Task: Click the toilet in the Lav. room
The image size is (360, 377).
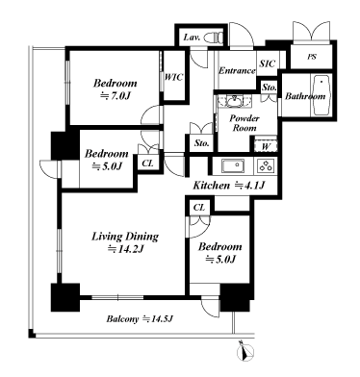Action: click(x=215, y=38)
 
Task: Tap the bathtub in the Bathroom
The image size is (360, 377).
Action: click(x=321, y=95)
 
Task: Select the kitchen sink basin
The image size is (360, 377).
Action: click(x=233, y=166)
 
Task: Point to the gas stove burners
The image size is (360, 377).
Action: click(x=265, y=166)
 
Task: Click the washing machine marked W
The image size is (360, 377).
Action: click(x=266, y=146)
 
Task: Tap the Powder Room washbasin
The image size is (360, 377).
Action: click(x=234, y=102)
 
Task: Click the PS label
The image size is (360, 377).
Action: click(x=312, y=57)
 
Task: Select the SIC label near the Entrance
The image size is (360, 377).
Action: click(x=268, y=63)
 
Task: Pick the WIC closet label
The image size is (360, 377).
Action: click(x=173, y=77)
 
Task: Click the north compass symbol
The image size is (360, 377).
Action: click(x=244, y=351)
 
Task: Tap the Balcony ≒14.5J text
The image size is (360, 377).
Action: click(x=140, y=319)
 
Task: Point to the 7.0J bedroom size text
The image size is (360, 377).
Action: click(x=116, y=96)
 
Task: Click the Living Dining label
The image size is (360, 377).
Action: click(x=125, y=237)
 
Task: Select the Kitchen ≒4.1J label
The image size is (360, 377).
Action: click(x=228, y=185)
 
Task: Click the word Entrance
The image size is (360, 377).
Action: click(x=237, y=70)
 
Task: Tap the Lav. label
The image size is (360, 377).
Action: click(x=192, y=38)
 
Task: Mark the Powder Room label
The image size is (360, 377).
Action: click(x=244, y=123)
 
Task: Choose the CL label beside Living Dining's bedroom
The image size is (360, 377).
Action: click(x=199, y=208)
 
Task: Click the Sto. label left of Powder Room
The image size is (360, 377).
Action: click(x=201, y=143)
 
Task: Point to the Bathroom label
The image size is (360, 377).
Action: click(x=305, y=96)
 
